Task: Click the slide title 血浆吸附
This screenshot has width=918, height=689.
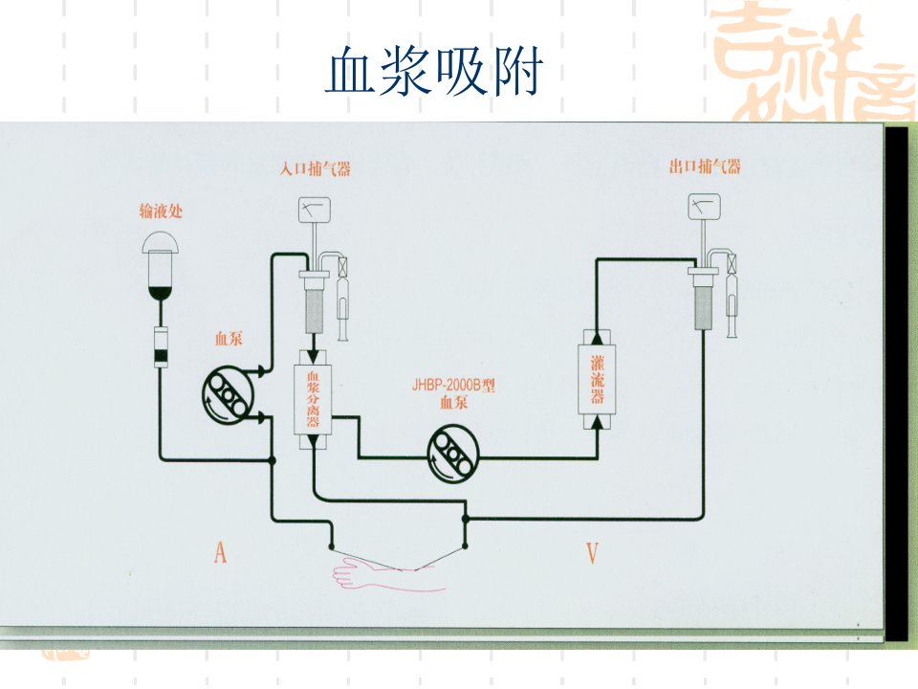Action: coord(434,72)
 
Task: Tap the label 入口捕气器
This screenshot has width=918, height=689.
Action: coord(315,169)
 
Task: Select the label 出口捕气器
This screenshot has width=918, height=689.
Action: coord(705,167)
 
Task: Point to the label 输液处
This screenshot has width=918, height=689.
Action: coord(161,211)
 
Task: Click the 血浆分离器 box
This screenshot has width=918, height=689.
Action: coord(313,399)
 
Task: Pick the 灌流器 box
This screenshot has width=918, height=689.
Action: coord(597,379)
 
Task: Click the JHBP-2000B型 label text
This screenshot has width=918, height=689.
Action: coord(453,385)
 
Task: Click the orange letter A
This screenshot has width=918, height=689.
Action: coord(220,552)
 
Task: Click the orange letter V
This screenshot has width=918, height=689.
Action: coord(592,552)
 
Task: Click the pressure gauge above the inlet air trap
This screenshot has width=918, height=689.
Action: coord(315,210)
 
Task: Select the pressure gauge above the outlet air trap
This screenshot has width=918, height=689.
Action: coord(704,207)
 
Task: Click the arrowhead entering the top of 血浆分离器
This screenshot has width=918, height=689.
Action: coord(314,357)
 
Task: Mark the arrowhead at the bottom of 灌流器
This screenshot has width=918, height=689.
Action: coord(597,421)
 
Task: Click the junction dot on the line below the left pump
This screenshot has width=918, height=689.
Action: coord(272,460)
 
